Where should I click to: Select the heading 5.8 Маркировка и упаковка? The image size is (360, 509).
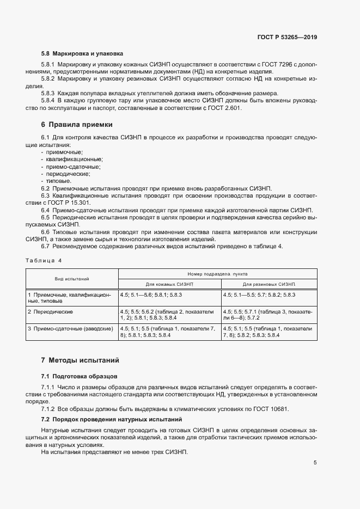pos(82,54)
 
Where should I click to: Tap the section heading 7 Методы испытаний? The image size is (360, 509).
pos(80,360)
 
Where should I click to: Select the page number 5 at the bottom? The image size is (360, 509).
pos(315,463)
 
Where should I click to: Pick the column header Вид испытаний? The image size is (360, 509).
pos(72,278)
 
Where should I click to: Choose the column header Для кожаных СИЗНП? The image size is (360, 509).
pos(169,284)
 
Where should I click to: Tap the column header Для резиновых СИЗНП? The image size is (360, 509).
pos(269,284)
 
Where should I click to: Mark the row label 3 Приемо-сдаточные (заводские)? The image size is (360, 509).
pos(70,329)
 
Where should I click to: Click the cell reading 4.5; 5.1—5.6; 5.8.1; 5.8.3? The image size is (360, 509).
pos(151,295)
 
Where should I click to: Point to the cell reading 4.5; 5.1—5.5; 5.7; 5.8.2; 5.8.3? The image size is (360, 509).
pos(259,295)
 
